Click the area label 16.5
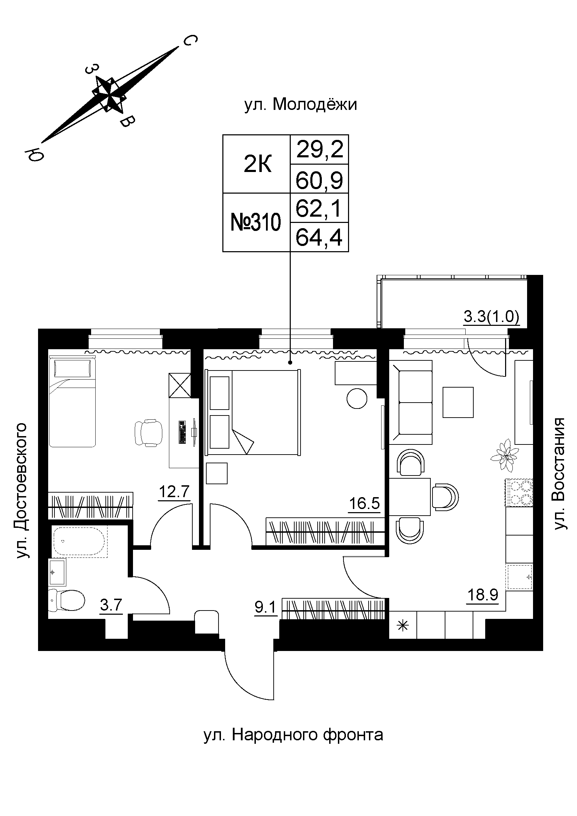364,504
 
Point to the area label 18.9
482,594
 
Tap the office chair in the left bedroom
148,432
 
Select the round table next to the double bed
357,398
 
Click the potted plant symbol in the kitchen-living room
504,455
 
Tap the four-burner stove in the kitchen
519,493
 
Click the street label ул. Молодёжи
301,105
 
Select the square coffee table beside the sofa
458,402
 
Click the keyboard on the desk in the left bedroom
182,432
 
